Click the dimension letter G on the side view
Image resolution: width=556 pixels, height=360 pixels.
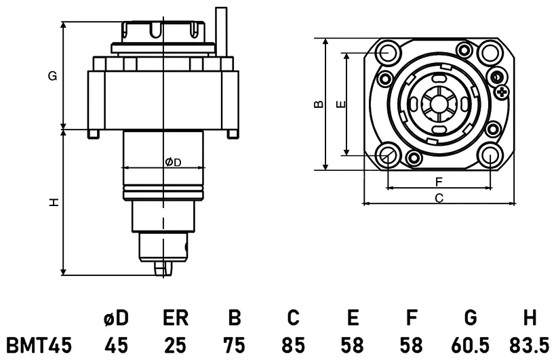pyautogui.click(x=52, y=76)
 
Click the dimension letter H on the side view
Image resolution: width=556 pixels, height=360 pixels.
pyautogui.click(x=54, y=203)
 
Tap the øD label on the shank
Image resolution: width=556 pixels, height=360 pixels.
pyautogui.click(x=173, y=163)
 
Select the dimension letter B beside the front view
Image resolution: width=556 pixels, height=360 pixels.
pyautogui.click(x=319, y=104)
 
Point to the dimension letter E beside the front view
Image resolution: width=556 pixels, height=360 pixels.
pyautogui.click(x=340, y=104)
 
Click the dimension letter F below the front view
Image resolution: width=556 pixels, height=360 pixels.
pyautogui.click(x=439, y=182)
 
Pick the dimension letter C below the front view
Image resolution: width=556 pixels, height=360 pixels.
pyautogui.click(x=439, y=198)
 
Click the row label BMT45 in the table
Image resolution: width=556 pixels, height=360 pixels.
pyautogui.click(x=39, y=345)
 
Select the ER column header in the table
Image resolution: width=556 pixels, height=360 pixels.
pyautogui.click(x=176, y=317)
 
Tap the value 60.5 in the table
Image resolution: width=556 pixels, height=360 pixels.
pyautogui.click(x=470, y=345)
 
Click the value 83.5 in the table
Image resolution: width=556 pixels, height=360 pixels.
pyautogui.click(x=529, y=345)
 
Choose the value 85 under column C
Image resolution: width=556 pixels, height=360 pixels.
pyautogui.click(x=294, y=345)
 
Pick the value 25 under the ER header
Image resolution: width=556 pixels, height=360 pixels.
pyautogui.click(x=176, y=345)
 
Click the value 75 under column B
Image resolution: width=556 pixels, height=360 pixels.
pyautogui.click(x=235, y=345)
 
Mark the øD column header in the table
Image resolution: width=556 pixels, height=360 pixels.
pyautogui.click(x=116, y=317)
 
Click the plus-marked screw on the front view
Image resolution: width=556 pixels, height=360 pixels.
pyautogui.click(x=502, y=93)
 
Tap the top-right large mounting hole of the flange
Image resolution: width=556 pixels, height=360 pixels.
pyautogui.click(x=489, y=52)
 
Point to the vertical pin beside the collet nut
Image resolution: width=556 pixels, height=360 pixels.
pyautogui.click(x=221, y=32)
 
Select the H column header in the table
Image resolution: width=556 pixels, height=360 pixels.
pyautogui.click(x=530, y=317)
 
